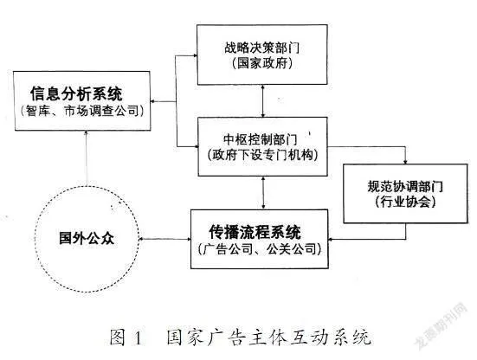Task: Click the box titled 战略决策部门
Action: click(x=262, y=55)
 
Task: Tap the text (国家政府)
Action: click(x=262, y=63)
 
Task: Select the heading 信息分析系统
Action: click(x=76, y=93)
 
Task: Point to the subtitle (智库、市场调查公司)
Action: click(x=82, y=111)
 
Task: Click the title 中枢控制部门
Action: click(x=261, y=139)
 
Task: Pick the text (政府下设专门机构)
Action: click(x=263, y=155)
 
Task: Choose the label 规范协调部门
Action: click(x=405, y=186)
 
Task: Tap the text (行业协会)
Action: click(x=405, y=202)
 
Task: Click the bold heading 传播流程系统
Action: click(x=255, y=232)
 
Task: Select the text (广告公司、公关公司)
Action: click(x=260, y=249)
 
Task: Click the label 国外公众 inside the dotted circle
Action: click(x=87, y=238)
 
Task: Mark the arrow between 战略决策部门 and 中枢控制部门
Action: click(x=263, y=101)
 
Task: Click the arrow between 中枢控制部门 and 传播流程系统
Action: click(x=263, y=193)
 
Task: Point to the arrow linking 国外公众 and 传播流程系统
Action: click(x=164, y=239)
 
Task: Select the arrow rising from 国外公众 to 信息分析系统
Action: click(x=87, y=158)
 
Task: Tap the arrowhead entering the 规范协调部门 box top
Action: click(x=405, y=162)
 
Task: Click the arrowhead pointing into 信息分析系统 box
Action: click(x=153, y=101)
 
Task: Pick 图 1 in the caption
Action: click(x=126, y=337)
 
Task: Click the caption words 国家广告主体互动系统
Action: click(x=269, y=337)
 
